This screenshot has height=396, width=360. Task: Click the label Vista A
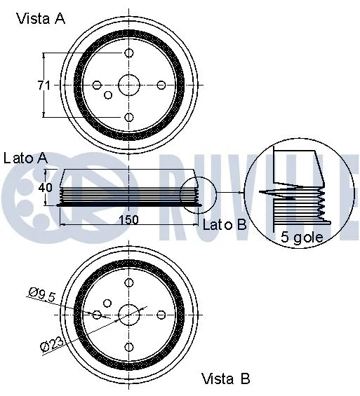pos(41,19)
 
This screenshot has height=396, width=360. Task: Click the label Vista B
pos(225,379)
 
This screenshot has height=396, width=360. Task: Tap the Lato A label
pos(25,158)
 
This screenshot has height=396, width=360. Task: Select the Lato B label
pos(225,225)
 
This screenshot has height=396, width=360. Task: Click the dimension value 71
pos(44,86)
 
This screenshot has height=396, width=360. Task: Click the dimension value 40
pos(46,188)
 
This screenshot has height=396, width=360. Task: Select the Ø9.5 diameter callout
pos(41,295)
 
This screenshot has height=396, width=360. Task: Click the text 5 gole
pos(302,237)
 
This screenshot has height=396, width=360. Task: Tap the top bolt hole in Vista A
pos(128,53)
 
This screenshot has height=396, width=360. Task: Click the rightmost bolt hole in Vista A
pos(161,85)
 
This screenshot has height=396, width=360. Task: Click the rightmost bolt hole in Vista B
pos(161,314)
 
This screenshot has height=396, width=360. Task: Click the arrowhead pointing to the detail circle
pos(240,192)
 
